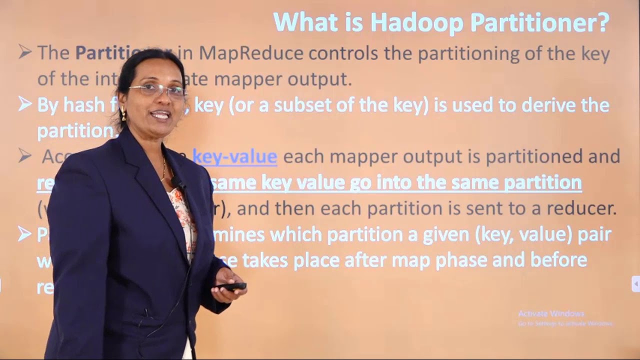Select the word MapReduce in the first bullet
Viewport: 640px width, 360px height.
(x=251, y=53)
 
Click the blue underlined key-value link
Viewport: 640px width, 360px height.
(x=234, y=156)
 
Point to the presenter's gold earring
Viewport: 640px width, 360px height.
(x=123, y=114)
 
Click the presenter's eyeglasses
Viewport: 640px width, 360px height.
(x=157, y=90)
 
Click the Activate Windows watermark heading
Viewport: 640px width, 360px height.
(x=551, y=313)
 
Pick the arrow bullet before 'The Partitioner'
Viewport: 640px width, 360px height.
(x=25, y=52)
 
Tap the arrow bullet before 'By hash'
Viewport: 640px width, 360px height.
(x=25, y=104)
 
